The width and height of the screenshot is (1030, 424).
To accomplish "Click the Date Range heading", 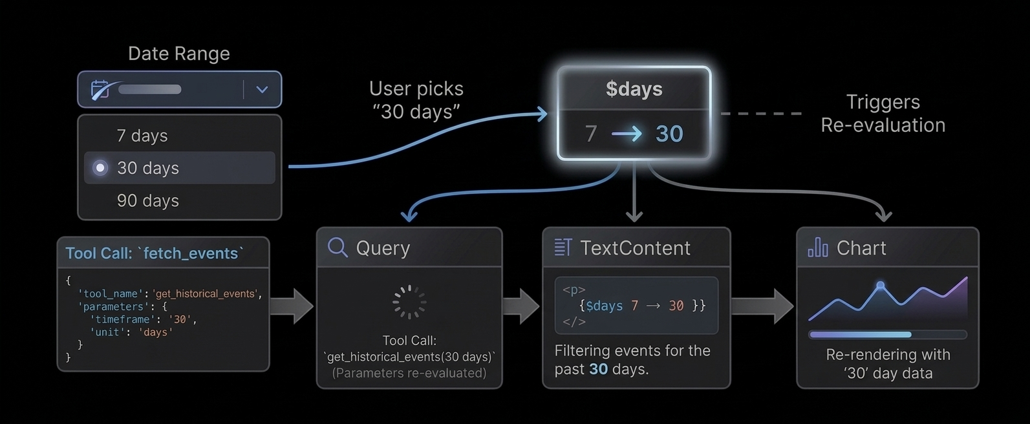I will click(178, 54).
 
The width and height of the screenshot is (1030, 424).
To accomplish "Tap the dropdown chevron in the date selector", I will click(262, 90).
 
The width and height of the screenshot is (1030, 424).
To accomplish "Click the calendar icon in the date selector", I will click(100, 90).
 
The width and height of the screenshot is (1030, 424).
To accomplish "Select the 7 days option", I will click(142, 136).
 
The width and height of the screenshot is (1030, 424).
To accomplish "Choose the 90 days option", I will click(148, 201).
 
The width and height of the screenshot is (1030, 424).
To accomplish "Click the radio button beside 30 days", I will click(100, 168).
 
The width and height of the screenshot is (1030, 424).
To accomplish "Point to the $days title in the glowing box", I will click(634, 89).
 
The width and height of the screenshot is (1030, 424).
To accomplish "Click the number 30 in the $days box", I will click(669, 134).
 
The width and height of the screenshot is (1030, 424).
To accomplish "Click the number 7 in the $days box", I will click(590, 134).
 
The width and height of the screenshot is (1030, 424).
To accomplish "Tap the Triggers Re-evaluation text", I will click(883, 113).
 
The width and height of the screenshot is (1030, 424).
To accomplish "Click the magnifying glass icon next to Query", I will click(338, 248).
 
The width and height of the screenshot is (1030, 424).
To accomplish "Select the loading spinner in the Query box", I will click(409, 302).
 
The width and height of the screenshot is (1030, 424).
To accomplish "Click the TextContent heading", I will click(634, 248).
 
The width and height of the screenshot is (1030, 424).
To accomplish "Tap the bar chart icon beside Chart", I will click(818, 248).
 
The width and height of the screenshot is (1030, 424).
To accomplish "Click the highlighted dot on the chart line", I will click(880, 285).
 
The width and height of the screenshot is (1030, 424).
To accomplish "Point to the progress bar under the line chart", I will click(887, 335).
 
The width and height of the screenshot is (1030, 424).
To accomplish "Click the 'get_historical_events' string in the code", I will click(204, 293).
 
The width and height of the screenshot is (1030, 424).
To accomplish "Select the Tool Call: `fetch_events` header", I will click(155, 253).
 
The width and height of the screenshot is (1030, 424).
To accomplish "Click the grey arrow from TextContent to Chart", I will click(762, 306).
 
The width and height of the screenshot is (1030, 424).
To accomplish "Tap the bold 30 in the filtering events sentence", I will click(598, 369).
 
